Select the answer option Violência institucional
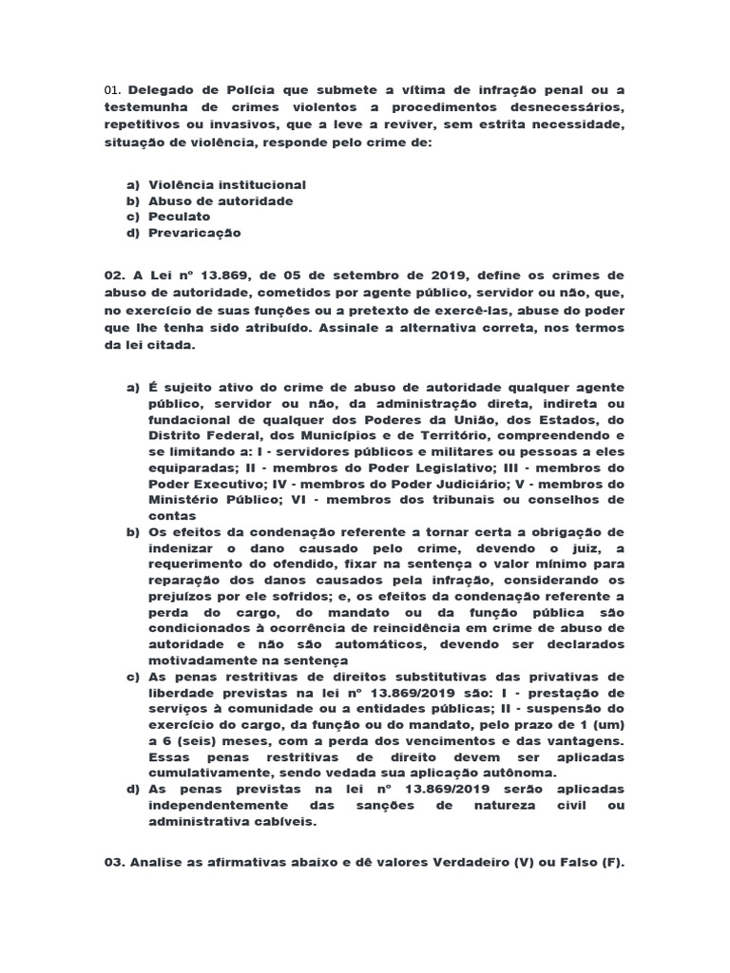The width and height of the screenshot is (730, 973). pyautogui.click(x=226, y=185)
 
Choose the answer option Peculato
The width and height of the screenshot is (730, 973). pyautogui.click(x=180, y=217)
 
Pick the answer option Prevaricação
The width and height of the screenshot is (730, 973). pyautogui.click(x=195, y=232)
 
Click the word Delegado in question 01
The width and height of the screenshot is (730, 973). pyautogui.click(x=159, y=90)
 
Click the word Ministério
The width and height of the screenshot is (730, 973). pyautogui.click(x=188, y=499)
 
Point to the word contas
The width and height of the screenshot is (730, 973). pyautogui.click(x=171, y=514)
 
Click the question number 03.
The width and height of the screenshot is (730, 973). pyautogui.click(x=114, y=838)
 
